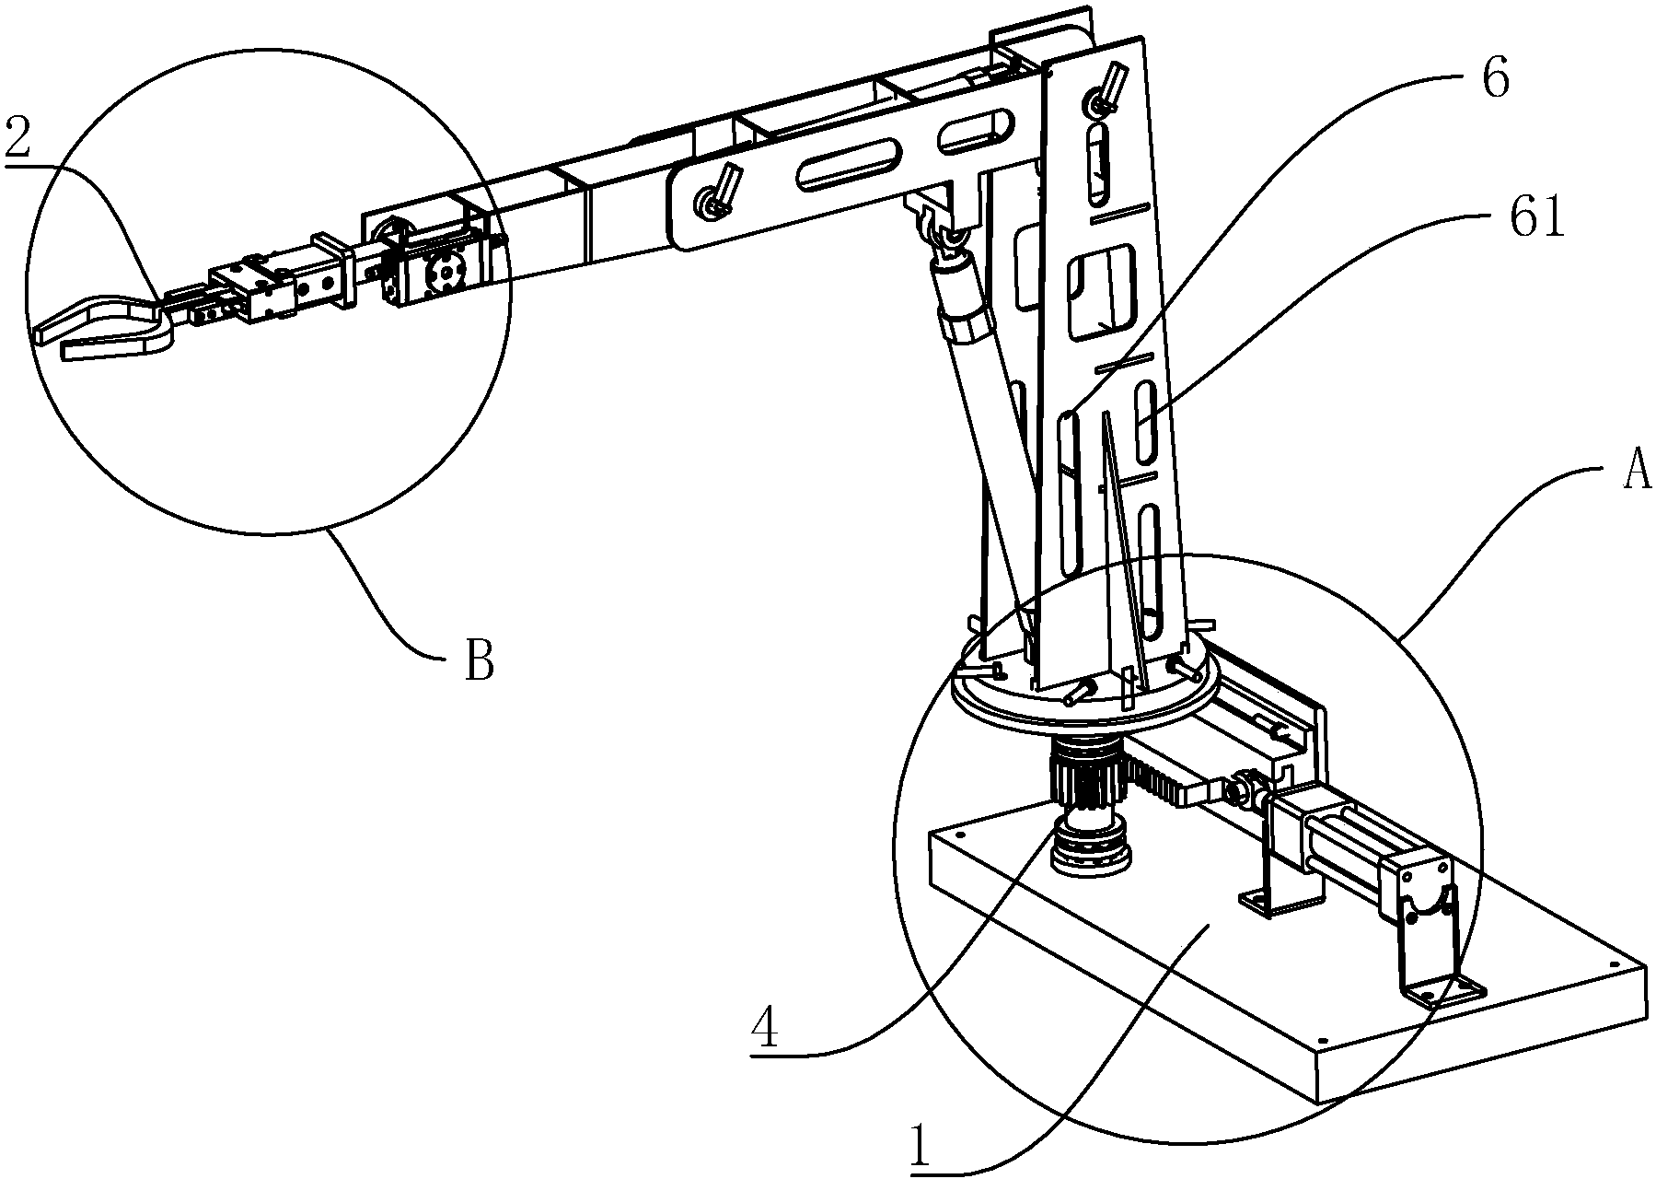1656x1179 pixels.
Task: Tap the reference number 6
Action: click(1495, 81)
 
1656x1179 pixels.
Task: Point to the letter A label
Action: click(1635, 475)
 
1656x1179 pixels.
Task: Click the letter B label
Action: click(479, 660)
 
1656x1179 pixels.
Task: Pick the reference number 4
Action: click(765, 1028)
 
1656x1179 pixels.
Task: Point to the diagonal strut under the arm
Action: click(985, 414)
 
